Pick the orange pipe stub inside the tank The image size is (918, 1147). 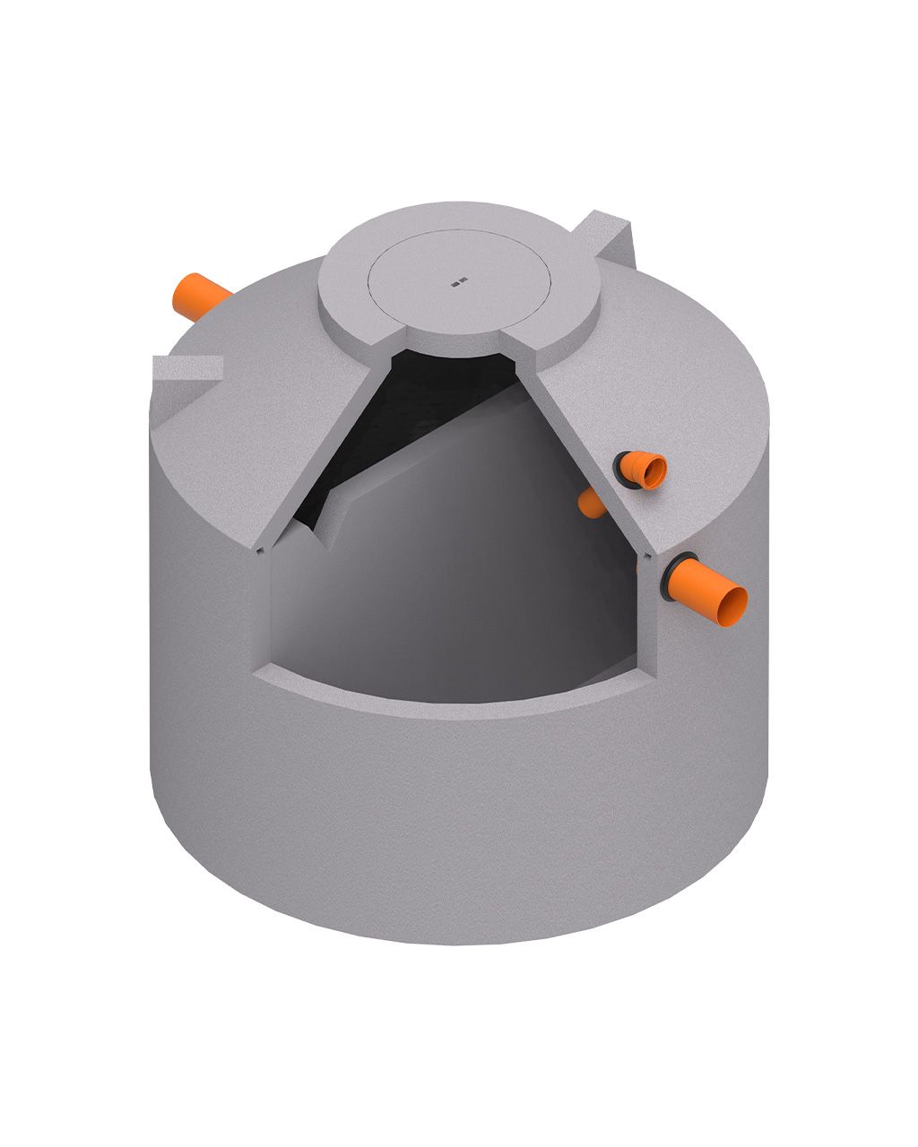(x=592, y=505)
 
